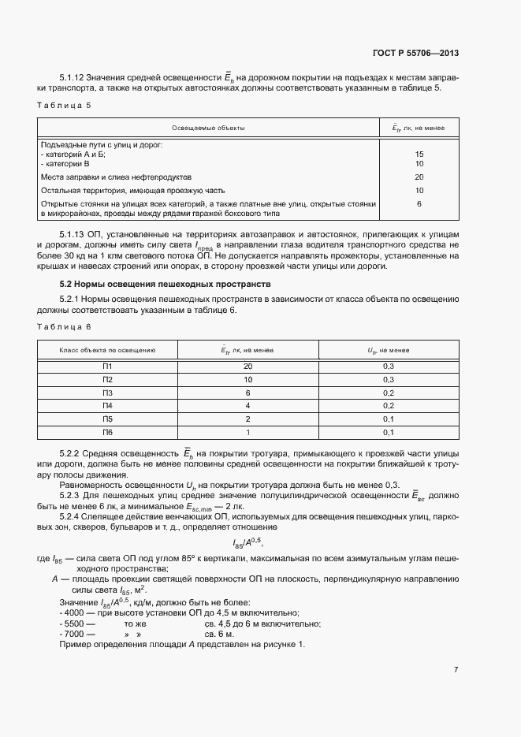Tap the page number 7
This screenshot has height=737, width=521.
(456, 670)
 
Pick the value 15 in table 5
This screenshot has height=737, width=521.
(419, 154)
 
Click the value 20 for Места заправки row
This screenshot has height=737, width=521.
(419, 177)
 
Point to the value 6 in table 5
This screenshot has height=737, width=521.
(419, 203)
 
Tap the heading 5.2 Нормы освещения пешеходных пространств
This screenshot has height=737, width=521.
(165, 282)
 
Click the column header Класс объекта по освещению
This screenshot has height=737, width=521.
(108, 348)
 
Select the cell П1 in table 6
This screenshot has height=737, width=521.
(108, 366)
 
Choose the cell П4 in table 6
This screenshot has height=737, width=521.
(108, 406)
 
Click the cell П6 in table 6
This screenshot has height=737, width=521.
(108, 433)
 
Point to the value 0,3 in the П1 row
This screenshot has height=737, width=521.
(388, 366)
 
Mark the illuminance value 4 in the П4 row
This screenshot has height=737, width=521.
(247, 406)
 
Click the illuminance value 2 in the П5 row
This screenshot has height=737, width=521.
(247, 419)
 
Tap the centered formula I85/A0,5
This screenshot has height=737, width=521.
(247, 543)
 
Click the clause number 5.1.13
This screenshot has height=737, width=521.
(73, 235)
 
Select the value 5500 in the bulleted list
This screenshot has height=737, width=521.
(74, 623)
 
